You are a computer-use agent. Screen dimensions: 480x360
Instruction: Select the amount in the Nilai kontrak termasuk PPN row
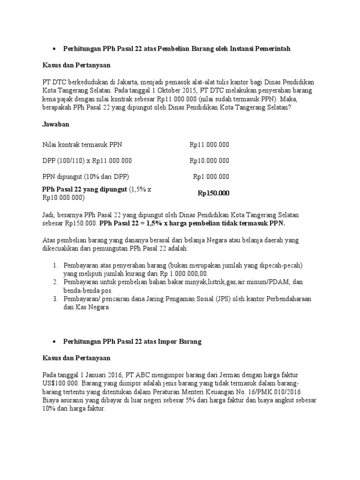tap(210, 145)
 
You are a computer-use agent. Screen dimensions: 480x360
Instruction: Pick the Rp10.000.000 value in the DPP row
tap(210, 161)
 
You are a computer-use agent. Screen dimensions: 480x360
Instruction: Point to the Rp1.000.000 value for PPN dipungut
tap(211, 177)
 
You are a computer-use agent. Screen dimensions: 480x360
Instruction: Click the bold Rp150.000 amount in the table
tap(213, 193)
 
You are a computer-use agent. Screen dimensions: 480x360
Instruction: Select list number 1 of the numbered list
tap(54, 265)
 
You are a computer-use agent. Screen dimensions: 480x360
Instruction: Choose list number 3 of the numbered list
tap(54, 299)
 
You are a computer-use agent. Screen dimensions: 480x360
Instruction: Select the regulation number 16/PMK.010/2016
tap(273, 391)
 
